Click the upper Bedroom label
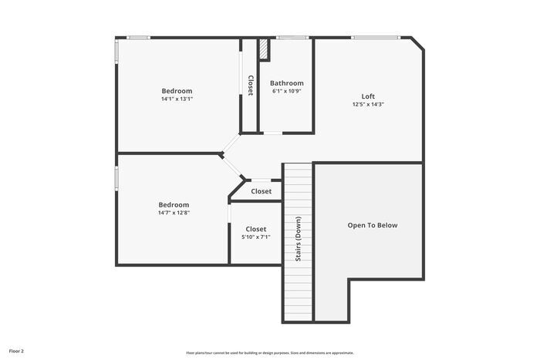click(177, 91)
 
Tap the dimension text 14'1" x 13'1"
click(177, 99)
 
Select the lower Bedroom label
click(174, 204)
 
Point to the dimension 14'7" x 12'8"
click(174, 213)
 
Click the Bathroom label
click(286, 83)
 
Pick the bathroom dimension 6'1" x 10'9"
click(286, 91)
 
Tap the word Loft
click(368, 96)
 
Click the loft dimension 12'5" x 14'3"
click(368, 104)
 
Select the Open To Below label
click(373, 225)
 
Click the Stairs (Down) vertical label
click(298, 238)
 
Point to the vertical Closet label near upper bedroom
click(250, 85)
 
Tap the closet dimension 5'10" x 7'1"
click(256, 237)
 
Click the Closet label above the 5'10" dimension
click(256, 229)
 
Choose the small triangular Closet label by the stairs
click(261, 191)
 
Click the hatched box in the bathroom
click(264, 49)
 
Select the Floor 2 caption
click(16, 351)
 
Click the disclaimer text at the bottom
click(269, 352)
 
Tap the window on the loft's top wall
click(375, 37)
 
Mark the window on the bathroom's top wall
click(292, 37)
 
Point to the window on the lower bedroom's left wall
click(116, 177)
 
